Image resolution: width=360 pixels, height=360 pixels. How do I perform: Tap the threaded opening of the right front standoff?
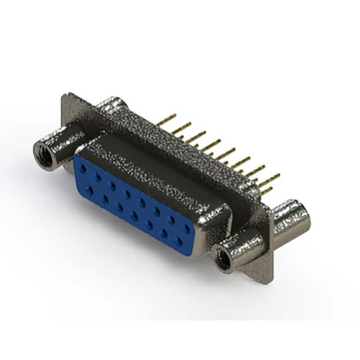point(224,260)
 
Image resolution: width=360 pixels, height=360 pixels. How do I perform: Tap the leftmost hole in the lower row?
point(90,191)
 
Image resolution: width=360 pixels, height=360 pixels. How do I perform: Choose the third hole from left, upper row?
point(112,185)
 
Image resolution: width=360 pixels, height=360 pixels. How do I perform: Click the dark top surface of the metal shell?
point(152,163)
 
